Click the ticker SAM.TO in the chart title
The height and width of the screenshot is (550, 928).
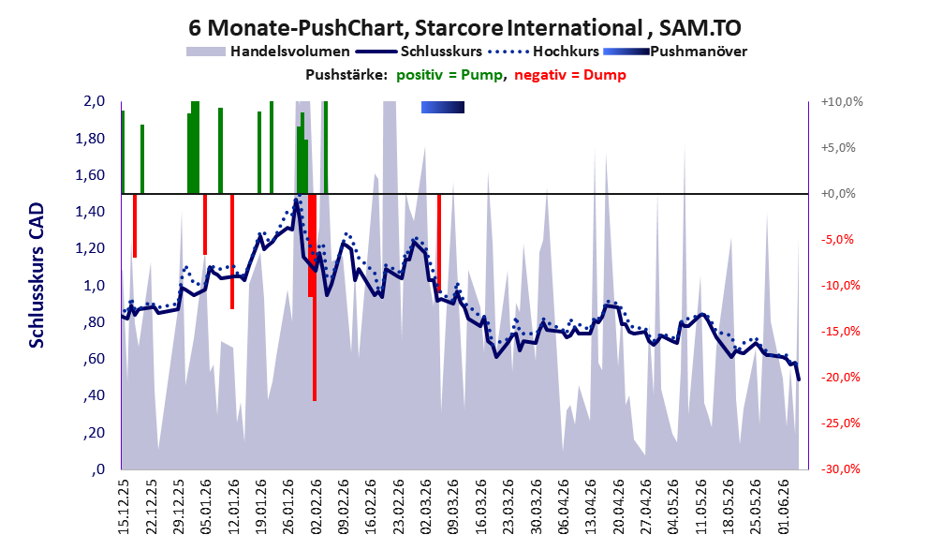[x=700, y=28]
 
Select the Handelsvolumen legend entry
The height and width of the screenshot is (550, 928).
[x=268, y=52]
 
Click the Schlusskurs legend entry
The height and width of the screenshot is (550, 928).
[x=419, y=52]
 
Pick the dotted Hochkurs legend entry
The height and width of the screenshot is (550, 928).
[x=543, y=52]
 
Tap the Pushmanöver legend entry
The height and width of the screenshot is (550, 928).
[x=674, y=52]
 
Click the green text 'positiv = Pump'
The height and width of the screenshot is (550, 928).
[x=449, y=75]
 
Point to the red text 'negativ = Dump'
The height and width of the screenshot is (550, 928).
[x=570, y=75]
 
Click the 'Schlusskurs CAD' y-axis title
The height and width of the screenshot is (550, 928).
[x=37, y=275]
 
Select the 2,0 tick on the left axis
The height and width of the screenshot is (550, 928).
[x=94, y=101]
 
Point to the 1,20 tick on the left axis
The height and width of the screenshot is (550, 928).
[x=92, y=248]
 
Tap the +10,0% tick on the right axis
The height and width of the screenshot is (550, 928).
[x=842, y=102]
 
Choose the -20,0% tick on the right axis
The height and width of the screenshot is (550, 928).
[x=840, y=378]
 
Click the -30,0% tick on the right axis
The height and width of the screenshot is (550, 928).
[x=840, y=469]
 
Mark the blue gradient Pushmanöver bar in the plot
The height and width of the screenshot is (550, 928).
[x=443, y=107]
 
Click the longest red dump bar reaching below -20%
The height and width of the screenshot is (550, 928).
[x=315, y=297]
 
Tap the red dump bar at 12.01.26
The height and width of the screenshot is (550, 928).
[x=232, y=252]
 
